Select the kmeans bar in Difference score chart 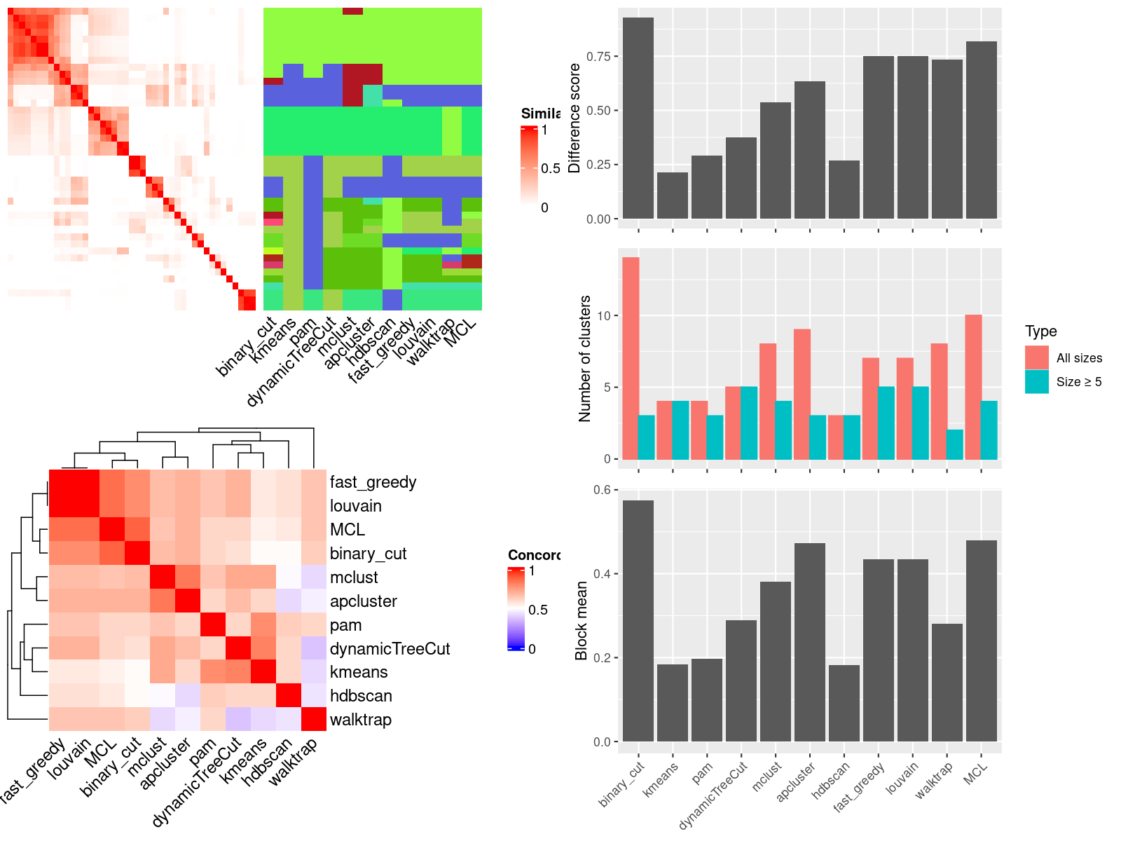click(673, 196)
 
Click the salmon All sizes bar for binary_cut click(631, 358)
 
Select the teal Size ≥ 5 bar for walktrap click(955, 444)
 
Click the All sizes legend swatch click(1037, 357)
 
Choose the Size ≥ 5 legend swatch click(1037, 382)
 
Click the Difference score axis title click(575, 118)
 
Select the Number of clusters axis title click(585, 358)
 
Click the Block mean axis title click(581, 620)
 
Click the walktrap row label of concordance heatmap click(360, 720)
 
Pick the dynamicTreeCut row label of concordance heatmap click(390, 649)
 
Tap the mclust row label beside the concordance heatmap click(354, 577)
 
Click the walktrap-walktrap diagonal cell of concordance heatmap click(314, 720)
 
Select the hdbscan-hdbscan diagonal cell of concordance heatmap click(289, 696)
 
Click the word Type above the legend click(1040, 331)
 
